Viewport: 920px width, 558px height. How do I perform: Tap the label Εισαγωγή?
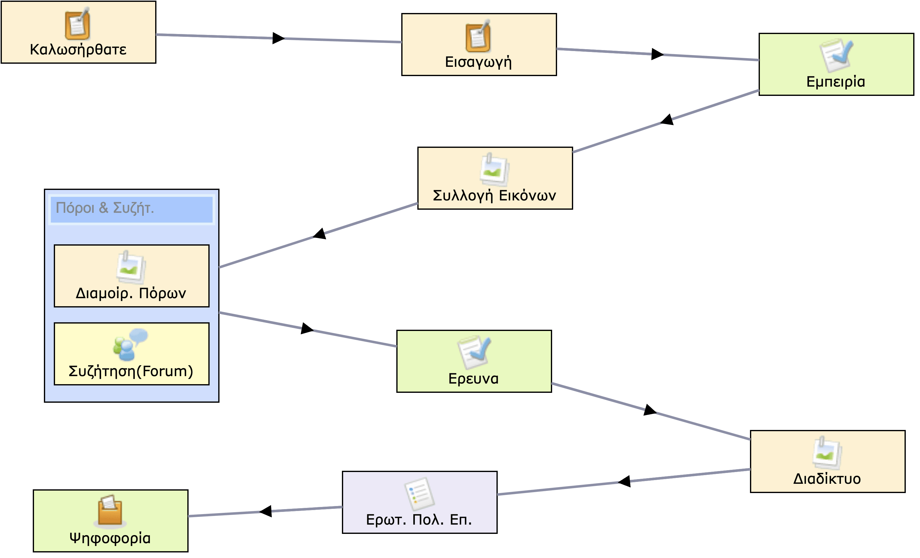(x=478, y=62)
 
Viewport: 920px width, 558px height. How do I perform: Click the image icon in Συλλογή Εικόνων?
(x=494, y=169)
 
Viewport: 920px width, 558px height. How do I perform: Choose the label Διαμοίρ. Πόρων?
(x=131, y=294)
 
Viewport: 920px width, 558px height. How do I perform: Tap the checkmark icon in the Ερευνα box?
(x=474, y=352)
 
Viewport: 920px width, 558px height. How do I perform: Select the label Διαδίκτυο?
(x=827, y=479)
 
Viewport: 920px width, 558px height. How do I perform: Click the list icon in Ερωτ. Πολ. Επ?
(x=419, y=493)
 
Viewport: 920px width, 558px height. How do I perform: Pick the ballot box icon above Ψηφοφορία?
(x=110, y=511)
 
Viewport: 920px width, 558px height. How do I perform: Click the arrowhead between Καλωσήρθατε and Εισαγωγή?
(x=278, y=38)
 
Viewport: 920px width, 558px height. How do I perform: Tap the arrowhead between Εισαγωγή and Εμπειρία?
(x=657, y=54)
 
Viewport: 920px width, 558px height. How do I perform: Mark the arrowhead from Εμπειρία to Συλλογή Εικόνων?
(x=667, y=120)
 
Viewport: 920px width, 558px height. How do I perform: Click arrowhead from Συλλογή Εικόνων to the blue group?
(x=320, y=234)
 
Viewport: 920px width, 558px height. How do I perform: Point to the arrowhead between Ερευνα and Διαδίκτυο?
(x=650, y=410)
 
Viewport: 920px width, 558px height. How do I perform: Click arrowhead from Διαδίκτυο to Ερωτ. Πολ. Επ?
(x=624, y=481)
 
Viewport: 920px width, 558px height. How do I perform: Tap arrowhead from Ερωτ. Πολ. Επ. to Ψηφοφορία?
(x=266, y=511)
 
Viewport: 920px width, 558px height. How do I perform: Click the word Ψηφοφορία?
(x=110, y=538)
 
